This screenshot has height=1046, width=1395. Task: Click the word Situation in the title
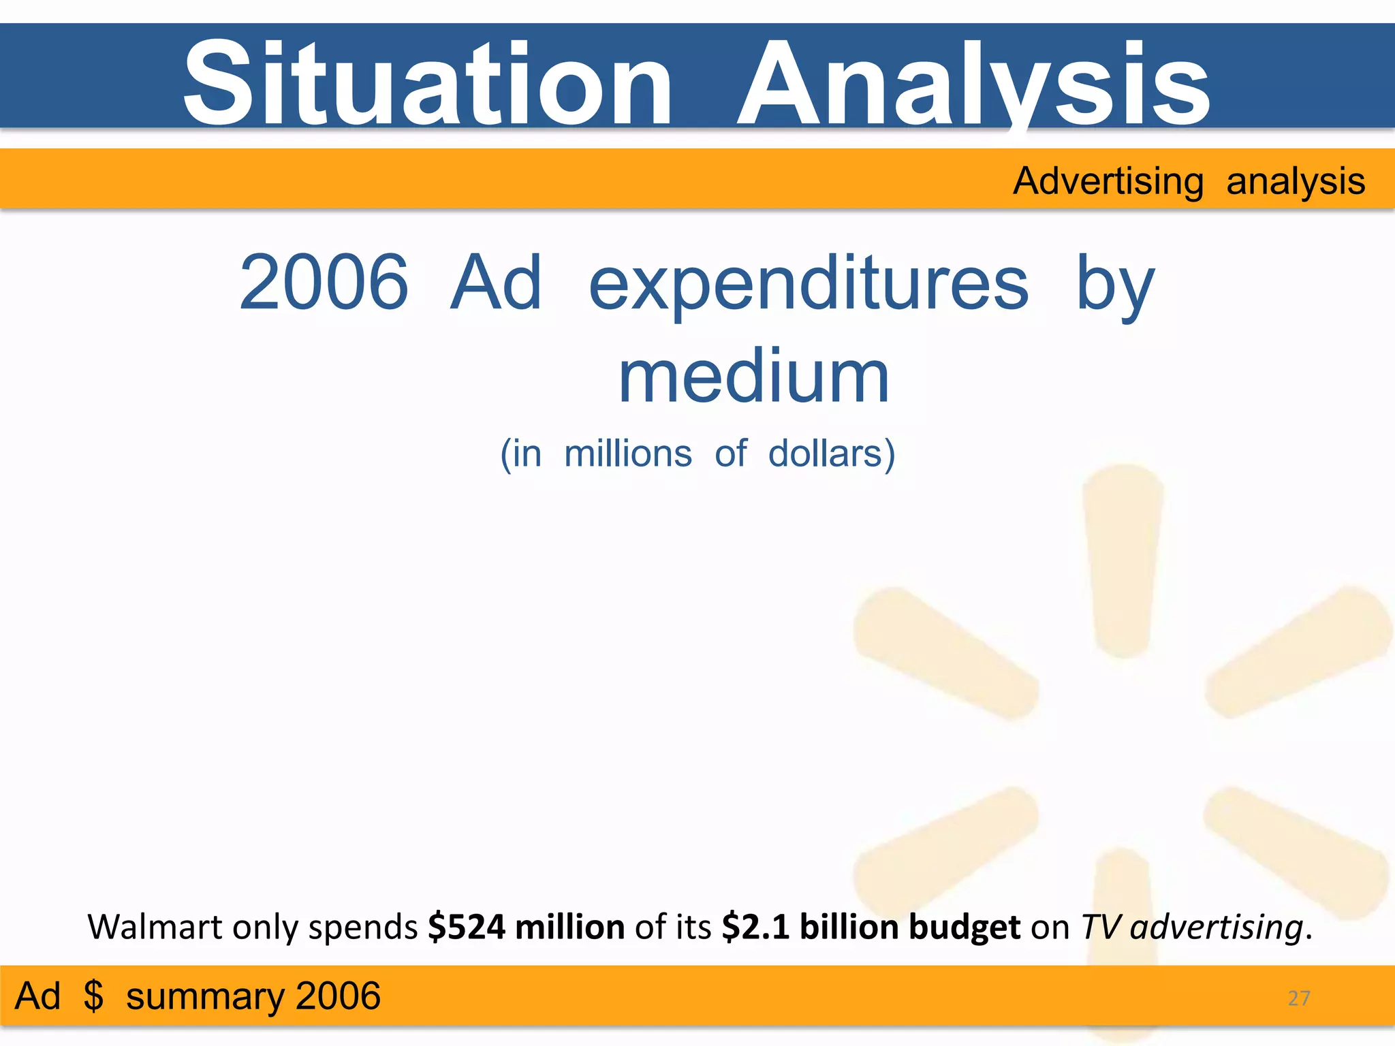(x=428, y=83)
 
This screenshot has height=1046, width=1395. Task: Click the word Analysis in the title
(x=974, y=83)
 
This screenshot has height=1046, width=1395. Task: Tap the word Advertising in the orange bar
(x=1108, y=181)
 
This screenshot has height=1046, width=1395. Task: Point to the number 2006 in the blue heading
(x=324, y=282)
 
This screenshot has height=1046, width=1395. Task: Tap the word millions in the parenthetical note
(x=628, y=454)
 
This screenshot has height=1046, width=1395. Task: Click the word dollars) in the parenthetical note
(x=832, y=454)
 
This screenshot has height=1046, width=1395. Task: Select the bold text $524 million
(x=526, y=927)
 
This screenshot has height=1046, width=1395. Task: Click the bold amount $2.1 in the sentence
(x=755, y=927)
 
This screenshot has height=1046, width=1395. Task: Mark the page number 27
(x=1299, y=998)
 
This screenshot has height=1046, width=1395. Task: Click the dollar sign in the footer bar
(x=93, y=996)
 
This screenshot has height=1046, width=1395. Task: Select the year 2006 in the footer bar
(x=337, y=996)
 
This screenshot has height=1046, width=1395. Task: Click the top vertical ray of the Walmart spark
(x=1123, y=558)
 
